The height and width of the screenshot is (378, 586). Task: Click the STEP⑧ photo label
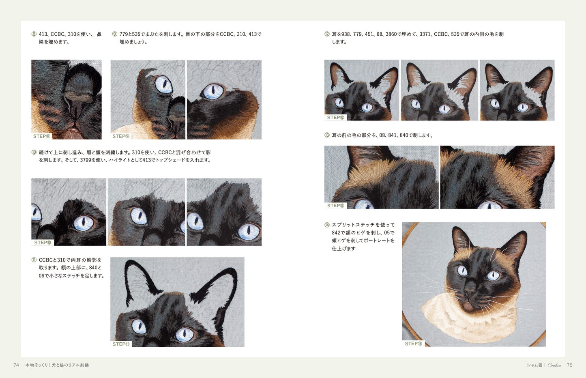(42, 136)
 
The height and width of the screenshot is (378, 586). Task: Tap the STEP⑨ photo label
(121, 136)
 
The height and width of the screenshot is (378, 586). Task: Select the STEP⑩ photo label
(43, 243)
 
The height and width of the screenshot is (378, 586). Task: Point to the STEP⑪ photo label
(121, 344)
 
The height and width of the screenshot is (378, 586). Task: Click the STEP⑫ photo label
(336, 118)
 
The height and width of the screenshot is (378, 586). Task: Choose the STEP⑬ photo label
(336, 206)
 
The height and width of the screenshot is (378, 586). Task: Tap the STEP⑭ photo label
(414, 344)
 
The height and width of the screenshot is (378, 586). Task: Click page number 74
(16, 365)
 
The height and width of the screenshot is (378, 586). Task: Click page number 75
(569, 365)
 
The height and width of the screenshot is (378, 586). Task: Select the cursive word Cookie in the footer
(554, 365)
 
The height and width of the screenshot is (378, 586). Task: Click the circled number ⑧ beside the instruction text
(34, 34)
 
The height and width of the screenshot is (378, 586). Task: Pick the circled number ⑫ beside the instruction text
(327, 34)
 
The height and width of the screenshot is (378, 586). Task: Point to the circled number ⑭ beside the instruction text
(327, 225)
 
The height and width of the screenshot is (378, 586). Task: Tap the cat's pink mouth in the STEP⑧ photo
(73, 130)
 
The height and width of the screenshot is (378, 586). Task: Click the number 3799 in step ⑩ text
(86, 160)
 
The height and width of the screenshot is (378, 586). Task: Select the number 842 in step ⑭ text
(336, 232)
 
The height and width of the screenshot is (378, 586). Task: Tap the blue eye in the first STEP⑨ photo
(164, 84)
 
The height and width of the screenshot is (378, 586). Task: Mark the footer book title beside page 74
(57, 365)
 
